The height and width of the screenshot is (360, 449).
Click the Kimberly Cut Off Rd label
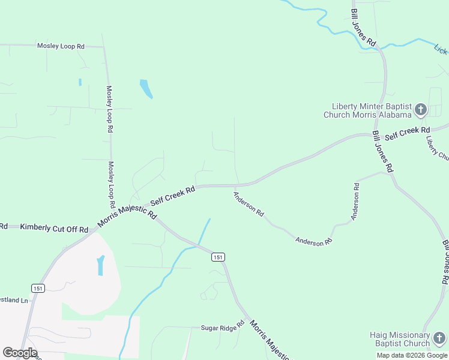coord(54,228)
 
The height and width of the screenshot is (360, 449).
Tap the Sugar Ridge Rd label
coord(223,326)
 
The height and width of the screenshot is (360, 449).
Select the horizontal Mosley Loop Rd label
coord(61,46)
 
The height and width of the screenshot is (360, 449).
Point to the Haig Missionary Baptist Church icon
coord(439,338)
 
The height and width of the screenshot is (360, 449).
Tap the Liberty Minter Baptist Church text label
coord(367,110)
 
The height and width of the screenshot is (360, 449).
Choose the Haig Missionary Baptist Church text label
coord(399,339)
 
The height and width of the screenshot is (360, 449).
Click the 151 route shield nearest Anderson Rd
coord(218,257)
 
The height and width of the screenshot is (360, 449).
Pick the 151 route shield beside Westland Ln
coord(38,289)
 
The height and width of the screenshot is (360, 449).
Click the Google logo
coord(20,353)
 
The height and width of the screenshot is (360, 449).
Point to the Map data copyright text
coord(411,355)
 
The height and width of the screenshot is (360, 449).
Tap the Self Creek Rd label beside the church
coord(408,133)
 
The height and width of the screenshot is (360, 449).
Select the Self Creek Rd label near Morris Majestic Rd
coord(173,196)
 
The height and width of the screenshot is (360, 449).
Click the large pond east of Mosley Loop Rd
coord(146,89)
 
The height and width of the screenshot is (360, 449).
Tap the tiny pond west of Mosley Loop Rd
coord(79,82)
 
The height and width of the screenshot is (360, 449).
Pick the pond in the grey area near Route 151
coord(100,265)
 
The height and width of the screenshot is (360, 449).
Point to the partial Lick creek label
coord(441,49)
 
